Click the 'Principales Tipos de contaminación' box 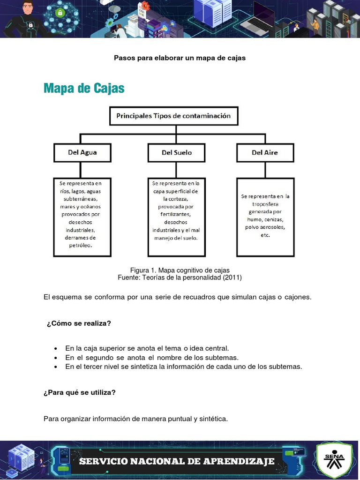pyautogui.click(x=173, y=116)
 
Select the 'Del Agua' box pyautogui.click(x=82, y=152)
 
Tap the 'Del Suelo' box pyautogui.click(x=176, y=152)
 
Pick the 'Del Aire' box pyautogui.click(x=265, y=152)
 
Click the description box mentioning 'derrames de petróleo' pyautogui.click(x=82, y=217)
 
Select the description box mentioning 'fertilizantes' pyautogui.click(x=176, y=217)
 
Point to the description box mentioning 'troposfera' pyautogui.click(x=265, y=217)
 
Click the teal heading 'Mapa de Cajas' pyautogui.click(x=84, y=88)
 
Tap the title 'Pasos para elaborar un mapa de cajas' pyautogui.click(x=180, y=58)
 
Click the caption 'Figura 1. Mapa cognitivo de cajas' pyautogui.click(x=180, y=270)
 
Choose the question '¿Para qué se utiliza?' pyautogui.click(x=79, y=392)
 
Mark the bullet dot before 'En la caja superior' pyautogui.click(x=56, y=349)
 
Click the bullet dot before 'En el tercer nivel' pyautogui.click(x=56, y=367)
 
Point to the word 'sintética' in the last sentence pyautogui.click(x=213, y=419)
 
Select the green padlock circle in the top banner pyautogui.click(x=60, y=13)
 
